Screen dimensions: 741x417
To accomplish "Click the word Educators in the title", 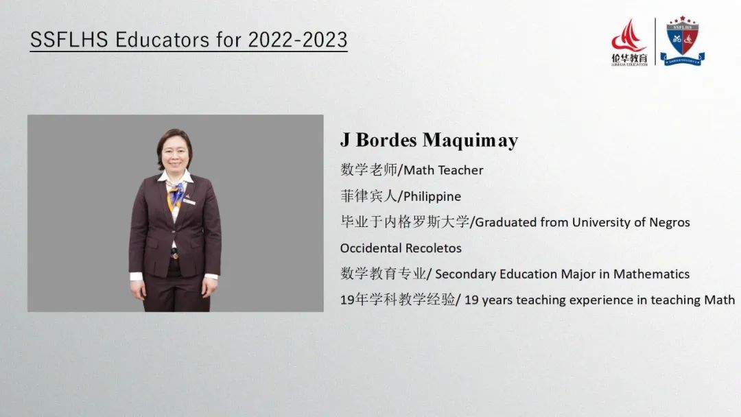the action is tap(163, 40).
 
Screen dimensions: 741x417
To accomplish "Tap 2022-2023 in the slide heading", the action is tap(298, 40).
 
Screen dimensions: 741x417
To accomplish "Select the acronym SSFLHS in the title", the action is tap(69, 40).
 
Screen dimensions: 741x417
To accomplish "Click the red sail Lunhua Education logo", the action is tap(629, 42).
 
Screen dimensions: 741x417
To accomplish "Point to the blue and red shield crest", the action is tap(683, 41).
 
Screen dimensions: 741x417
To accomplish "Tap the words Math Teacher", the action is tap(443, 170).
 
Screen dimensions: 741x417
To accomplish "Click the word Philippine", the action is tap(432, 196).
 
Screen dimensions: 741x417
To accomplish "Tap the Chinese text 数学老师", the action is tap(369, 169).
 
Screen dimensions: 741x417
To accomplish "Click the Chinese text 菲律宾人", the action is tap(368, 196).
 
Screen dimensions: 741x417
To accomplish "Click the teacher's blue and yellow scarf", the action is tap(176, 194).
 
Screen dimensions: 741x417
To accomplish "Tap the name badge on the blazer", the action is tap(189, 202).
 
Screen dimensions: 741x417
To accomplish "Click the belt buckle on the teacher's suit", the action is tap(175, 256).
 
